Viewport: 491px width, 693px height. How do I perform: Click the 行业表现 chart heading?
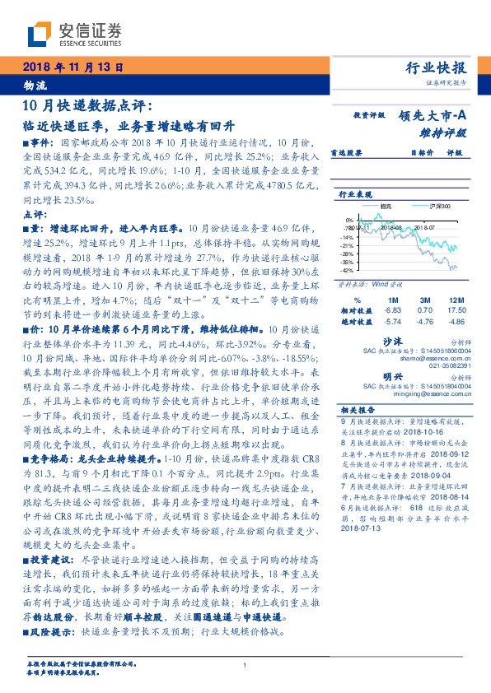(x=353, y=195)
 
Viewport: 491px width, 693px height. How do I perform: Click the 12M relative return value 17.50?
(x=451, y=311)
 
